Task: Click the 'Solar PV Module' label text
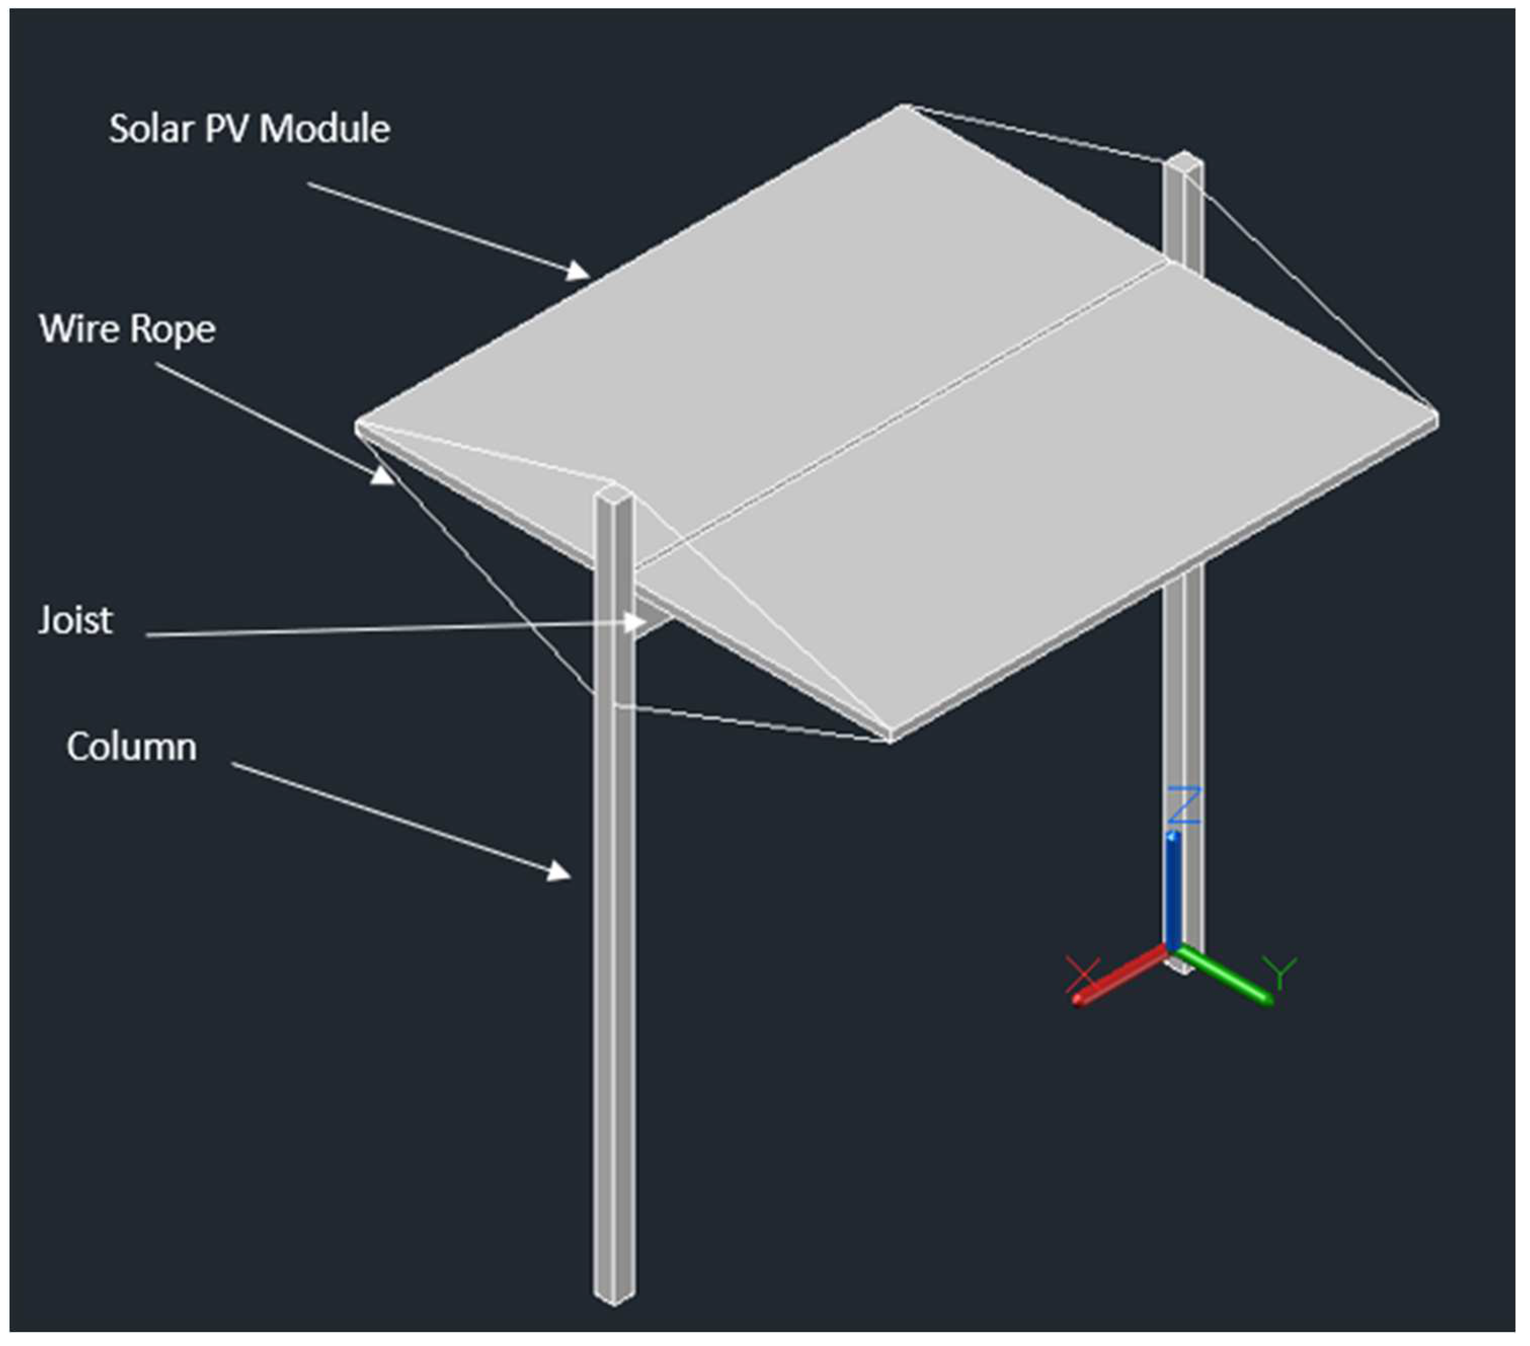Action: pos(249,129)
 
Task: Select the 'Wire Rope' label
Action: pos(127,329)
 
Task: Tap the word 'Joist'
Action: pos(75,620)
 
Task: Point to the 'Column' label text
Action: pos(132,746)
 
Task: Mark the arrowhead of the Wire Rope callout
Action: pos(384,476)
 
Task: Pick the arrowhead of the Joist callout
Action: pos(637,621)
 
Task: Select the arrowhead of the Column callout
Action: pos(560,872)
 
